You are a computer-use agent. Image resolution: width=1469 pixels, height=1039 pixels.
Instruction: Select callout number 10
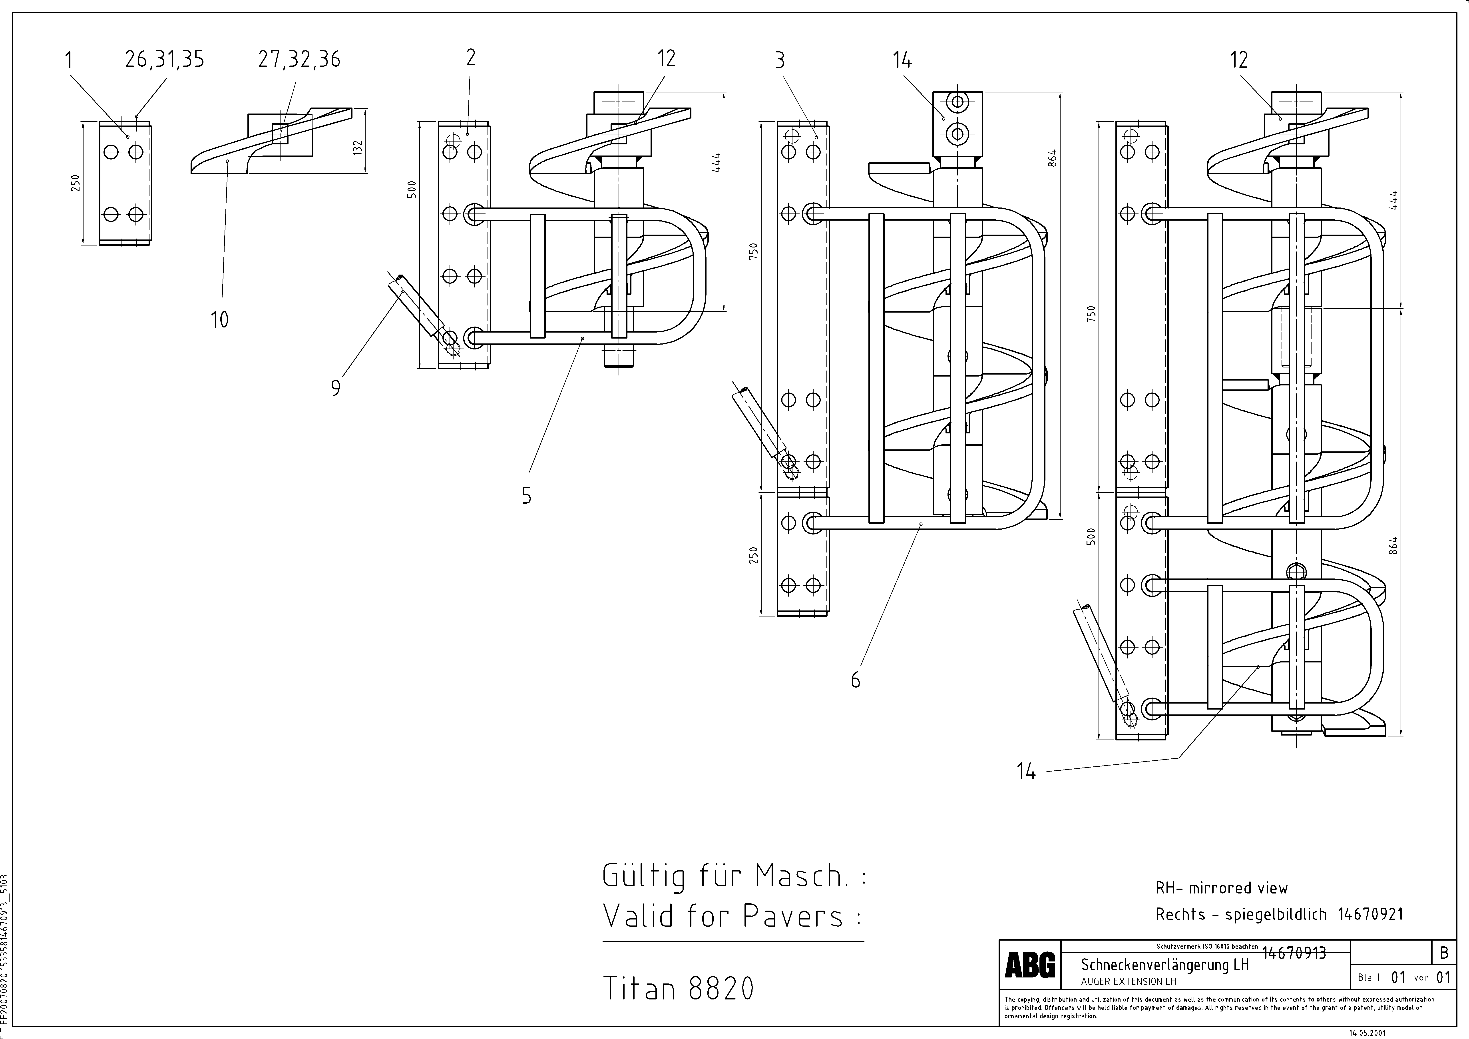219,319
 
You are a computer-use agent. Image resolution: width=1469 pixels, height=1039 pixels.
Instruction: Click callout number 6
855,679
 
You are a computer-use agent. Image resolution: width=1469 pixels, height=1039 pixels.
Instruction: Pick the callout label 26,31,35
164,60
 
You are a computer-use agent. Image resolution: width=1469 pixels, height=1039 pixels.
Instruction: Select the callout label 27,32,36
299,60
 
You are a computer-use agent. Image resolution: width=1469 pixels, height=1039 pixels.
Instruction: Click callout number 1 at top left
68,61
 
